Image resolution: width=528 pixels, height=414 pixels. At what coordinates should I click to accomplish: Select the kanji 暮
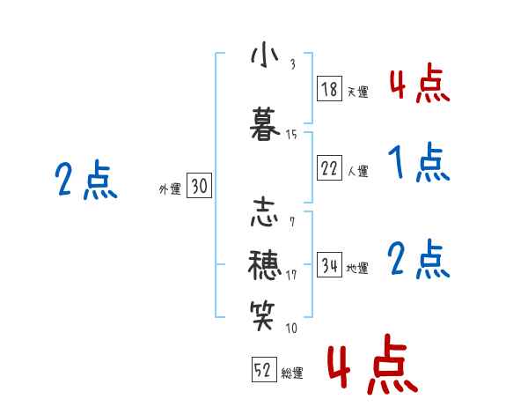click(265, 123)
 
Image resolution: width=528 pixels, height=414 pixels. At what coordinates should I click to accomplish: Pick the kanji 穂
click(265, 263)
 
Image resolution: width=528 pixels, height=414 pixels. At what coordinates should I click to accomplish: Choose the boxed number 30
click(199, 186)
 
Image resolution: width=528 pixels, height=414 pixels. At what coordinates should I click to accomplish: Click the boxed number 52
click(262, 370)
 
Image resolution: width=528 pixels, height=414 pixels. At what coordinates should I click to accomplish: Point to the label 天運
click(358, 92)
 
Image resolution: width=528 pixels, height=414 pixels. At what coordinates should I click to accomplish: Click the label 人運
click(358, 171)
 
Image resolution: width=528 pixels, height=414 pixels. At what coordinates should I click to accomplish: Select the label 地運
click(358, 268)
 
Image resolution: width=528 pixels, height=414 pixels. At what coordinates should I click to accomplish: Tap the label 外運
click(169, 188)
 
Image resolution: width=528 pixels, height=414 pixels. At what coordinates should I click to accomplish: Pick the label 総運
click(291, 373)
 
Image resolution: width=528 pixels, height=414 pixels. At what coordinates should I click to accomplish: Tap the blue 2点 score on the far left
click(86, 181)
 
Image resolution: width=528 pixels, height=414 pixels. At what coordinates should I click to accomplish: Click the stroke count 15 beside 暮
click(291, 135)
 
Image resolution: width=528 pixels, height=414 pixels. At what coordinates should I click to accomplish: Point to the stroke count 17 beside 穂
click(291, 274)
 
